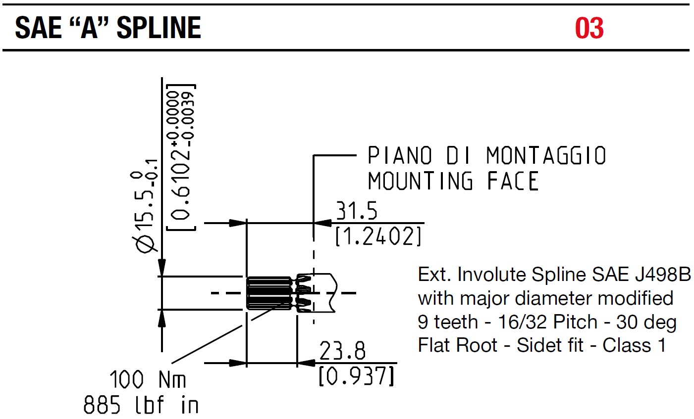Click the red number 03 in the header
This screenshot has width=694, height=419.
(x=589, y=28)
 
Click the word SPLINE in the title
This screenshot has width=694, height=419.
(x=159, y=28)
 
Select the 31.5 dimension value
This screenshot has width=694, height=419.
(x=357, y=210)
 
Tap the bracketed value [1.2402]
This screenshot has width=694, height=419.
(x=378, y=236)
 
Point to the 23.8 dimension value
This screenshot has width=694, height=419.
(x=342, y=351)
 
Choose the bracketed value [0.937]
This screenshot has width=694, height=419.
(x=356, y=375)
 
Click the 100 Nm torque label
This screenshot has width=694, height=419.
(x=148, y=379)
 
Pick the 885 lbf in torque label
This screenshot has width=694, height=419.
(x=141, y=405)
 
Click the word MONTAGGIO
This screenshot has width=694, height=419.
(x=546, y=155)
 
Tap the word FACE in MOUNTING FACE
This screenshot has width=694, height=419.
(x=513, y=181)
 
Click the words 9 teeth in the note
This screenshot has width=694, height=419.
(x=448, y=322)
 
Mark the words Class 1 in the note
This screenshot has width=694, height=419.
(x=634, y=345)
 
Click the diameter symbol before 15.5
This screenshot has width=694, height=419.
(x=145, y=244)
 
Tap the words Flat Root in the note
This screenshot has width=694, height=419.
(x=458, y=345)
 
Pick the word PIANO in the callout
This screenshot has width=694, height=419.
(x=400, y=155)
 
